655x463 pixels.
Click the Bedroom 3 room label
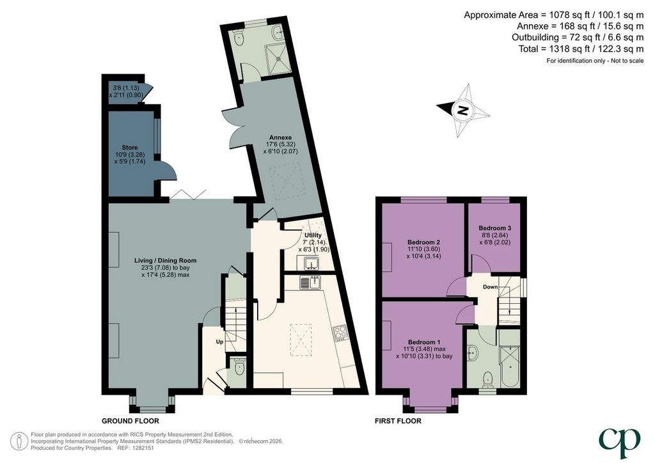pyautogui.click(x=494, y=228)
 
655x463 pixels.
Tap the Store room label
pyautogui.click(x=129, y=147)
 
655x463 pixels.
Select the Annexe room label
pyautogui.click(x=280, y=137)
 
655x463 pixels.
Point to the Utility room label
pyautogui.click(x=313, y=235)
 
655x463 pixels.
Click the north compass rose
pyautogui.click(x=463, y=111)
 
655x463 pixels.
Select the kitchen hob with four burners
pyautogui.click(x=340, y=332)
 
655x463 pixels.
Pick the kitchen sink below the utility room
pyautogui.click(x=310, y=282)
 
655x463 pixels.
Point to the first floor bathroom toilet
pyautogui.click(x=487, y=381)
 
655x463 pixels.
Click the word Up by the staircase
pyautogui.click(x=220, y=342)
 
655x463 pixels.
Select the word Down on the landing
pyautogui.click(x=490, y=287)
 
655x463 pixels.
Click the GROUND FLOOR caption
pyautogui.click(x=130, y=421)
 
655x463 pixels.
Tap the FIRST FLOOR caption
pyautogui.click(x=398, y=421)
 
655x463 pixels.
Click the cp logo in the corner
pyautogui.click(x=619, y=443)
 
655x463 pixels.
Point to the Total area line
pyautogui.click(x=581, y=49)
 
